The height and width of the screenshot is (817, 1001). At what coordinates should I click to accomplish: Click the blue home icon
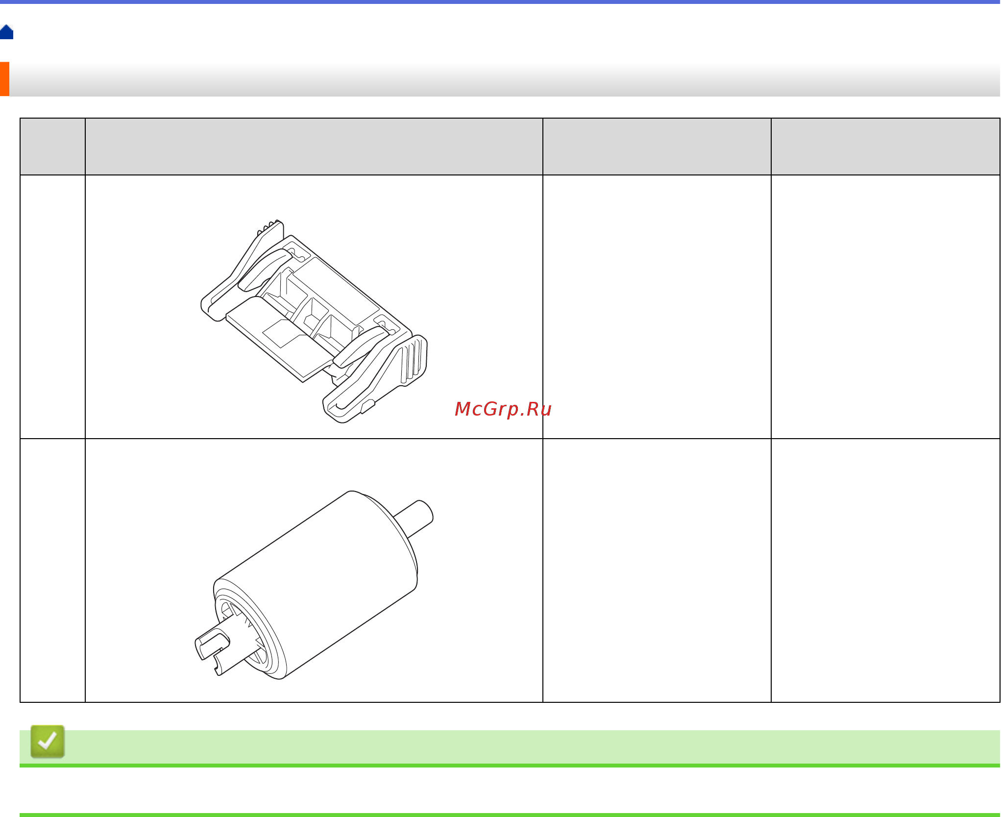(x=6, y=33)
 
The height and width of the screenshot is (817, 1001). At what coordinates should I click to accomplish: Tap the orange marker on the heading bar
(x=4, y=79)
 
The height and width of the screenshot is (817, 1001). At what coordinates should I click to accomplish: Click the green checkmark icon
(x=48, y=742)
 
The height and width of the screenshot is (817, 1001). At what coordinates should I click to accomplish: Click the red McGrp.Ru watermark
(x=503, y=409)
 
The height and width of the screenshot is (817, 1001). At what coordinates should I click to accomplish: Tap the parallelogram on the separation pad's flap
(x=284, y=333)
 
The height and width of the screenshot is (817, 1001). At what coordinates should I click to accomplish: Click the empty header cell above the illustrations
(x=314, y=147)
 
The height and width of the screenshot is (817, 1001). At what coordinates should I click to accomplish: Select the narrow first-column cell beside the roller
(x=52, y=570)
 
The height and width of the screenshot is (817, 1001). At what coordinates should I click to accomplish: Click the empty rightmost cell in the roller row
(x=885, y=570)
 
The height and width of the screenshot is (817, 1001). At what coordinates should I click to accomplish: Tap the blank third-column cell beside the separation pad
(x=657, y=307)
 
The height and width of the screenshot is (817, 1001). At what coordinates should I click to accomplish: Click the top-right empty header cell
(x=885, y=147)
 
